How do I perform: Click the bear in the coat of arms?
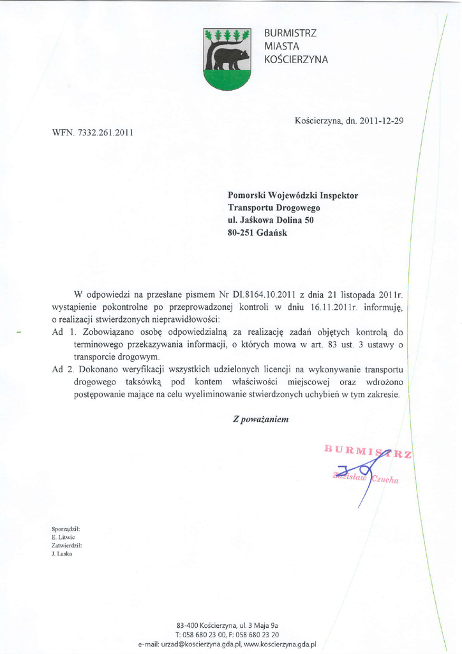(x=230, y=58)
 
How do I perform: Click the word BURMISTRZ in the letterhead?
(x=290, y=33)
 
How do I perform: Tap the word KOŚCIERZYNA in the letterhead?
(x=295, y=60)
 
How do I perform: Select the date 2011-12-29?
(x=382, y=120)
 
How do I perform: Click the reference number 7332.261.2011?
(x=105, y=133)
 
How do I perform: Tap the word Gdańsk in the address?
(x=274, y=232)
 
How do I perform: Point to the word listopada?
(x=359, y=295)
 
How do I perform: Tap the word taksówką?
(x=145, y=381)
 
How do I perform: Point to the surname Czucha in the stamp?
(x=384, y=480)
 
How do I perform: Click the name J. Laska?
(x=61, y=554)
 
